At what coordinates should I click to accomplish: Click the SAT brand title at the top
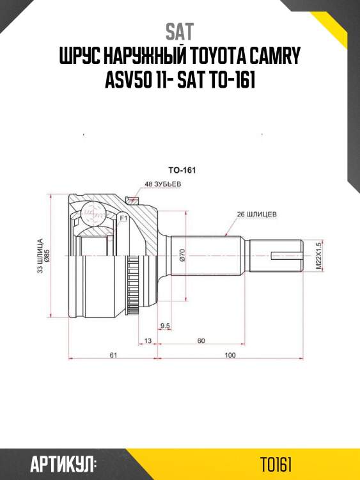180,31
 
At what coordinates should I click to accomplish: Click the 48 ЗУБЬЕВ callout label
164,184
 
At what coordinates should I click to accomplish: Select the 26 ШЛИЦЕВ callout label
256,215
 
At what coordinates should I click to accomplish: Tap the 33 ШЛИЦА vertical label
40,256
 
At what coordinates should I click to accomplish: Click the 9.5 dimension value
165,326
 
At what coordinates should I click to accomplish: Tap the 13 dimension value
148,340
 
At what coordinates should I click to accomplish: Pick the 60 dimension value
201,340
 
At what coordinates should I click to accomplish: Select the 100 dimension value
230,355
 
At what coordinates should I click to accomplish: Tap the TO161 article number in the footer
276,463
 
